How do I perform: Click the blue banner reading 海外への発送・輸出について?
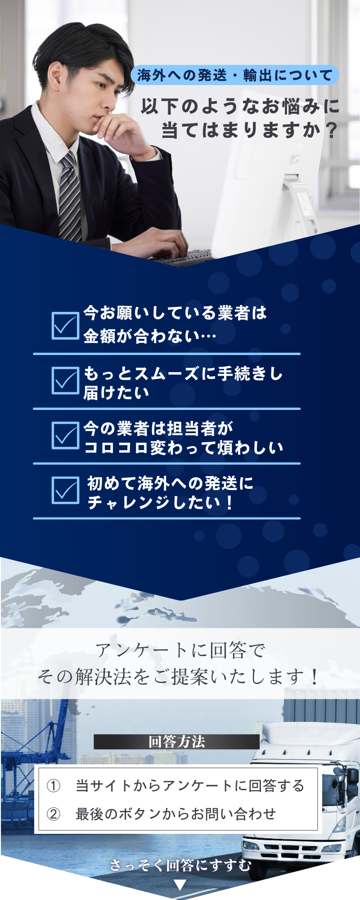pyautogui.click(x=234, y=75)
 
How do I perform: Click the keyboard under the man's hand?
pyautogui.click(x=182, y=258)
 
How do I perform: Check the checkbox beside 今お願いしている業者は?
pyautogui.click(x=65, y=325)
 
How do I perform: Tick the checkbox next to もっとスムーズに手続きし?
pyautogui.click(x=65, y=380)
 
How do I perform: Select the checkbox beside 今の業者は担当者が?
pyautogui.click(x=65, y=435)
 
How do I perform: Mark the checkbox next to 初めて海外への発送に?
pyautogui.click(x=65, y=490)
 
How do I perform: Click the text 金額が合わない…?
pyautogui.click(x=150, y=336)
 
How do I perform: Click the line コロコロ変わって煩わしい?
pyautogui.click(x=184, y=448)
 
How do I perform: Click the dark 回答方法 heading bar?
pyautogui.click(x=176, y=742)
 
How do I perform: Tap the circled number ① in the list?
pyautogui.click(x=54, y=786)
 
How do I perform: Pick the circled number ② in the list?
pyautogui.click(x=54, y=814)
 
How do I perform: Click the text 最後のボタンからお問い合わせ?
pyautogui.click(x=175, y=814)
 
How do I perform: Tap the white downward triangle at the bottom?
pyautogui.click(x=180, y=885)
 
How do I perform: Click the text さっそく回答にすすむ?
pyautogui.click(x=180, y=865)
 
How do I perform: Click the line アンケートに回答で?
pyautogui.click(x=180, y=650)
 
